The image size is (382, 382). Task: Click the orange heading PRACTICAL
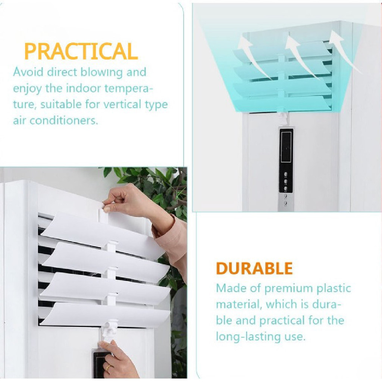pyautogui.click(x=81, y=51)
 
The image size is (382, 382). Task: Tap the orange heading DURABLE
pyautogui.click(x=254, y=268)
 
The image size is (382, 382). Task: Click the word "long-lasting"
pyautogui.click(x=245, y=337)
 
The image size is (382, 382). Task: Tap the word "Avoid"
pyautogui.click(x=28, y=72)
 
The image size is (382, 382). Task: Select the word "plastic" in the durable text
pyautogui.click(x=334, y=288)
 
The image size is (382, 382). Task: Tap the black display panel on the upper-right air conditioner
pyautogui.click(x=286, y=146)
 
